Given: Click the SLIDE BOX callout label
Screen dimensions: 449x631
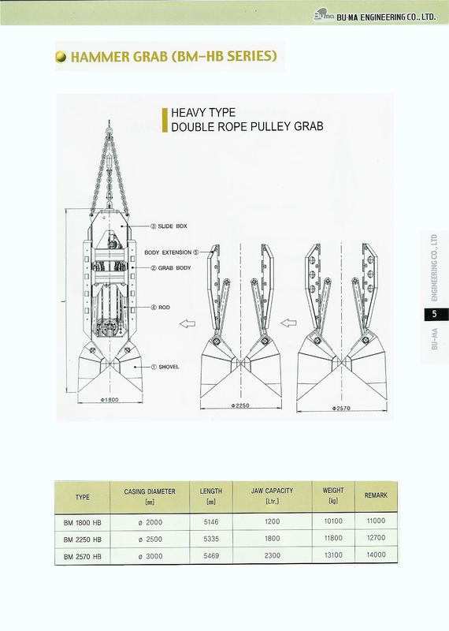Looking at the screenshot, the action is coord(169,226).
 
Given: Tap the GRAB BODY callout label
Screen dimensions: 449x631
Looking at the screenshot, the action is coord(170,267).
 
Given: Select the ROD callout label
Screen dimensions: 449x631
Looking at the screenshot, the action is coord(161,308).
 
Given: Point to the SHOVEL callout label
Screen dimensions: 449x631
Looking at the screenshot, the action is coord(165,367).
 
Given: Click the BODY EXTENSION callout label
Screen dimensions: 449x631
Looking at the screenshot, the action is coord(172,252).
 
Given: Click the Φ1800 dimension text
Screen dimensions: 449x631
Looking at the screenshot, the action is coord(109,400).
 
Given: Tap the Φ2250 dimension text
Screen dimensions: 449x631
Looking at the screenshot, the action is coord(240,405).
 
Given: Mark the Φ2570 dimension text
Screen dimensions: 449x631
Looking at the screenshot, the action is coord(341,408).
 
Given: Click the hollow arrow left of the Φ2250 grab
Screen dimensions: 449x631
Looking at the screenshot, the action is coord(187,323).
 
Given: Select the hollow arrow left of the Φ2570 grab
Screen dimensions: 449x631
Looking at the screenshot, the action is coord(288,323).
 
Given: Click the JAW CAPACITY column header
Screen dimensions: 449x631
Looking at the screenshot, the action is coord(272,491).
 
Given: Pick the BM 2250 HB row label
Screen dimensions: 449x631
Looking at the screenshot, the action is coord(83,540).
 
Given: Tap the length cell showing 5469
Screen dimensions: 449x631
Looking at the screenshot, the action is coord(211,556).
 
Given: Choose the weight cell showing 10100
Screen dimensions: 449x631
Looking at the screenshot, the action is coord(333,521).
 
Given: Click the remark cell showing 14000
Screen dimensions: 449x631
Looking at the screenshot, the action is coord(376,554).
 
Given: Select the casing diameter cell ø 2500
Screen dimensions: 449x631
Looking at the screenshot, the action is coord(150,540).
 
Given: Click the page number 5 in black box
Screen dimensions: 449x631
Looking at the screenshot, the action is coord(434,314).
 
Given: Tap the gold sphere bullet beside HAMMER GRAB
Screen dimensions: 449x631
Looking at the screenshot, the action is coord(61,57).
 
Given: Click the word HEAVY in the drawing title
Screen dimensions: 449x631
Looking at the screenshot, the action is coord(187,112).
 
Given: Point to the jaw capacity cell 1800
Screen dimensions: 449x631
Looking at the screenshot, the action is coord(272,539).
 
